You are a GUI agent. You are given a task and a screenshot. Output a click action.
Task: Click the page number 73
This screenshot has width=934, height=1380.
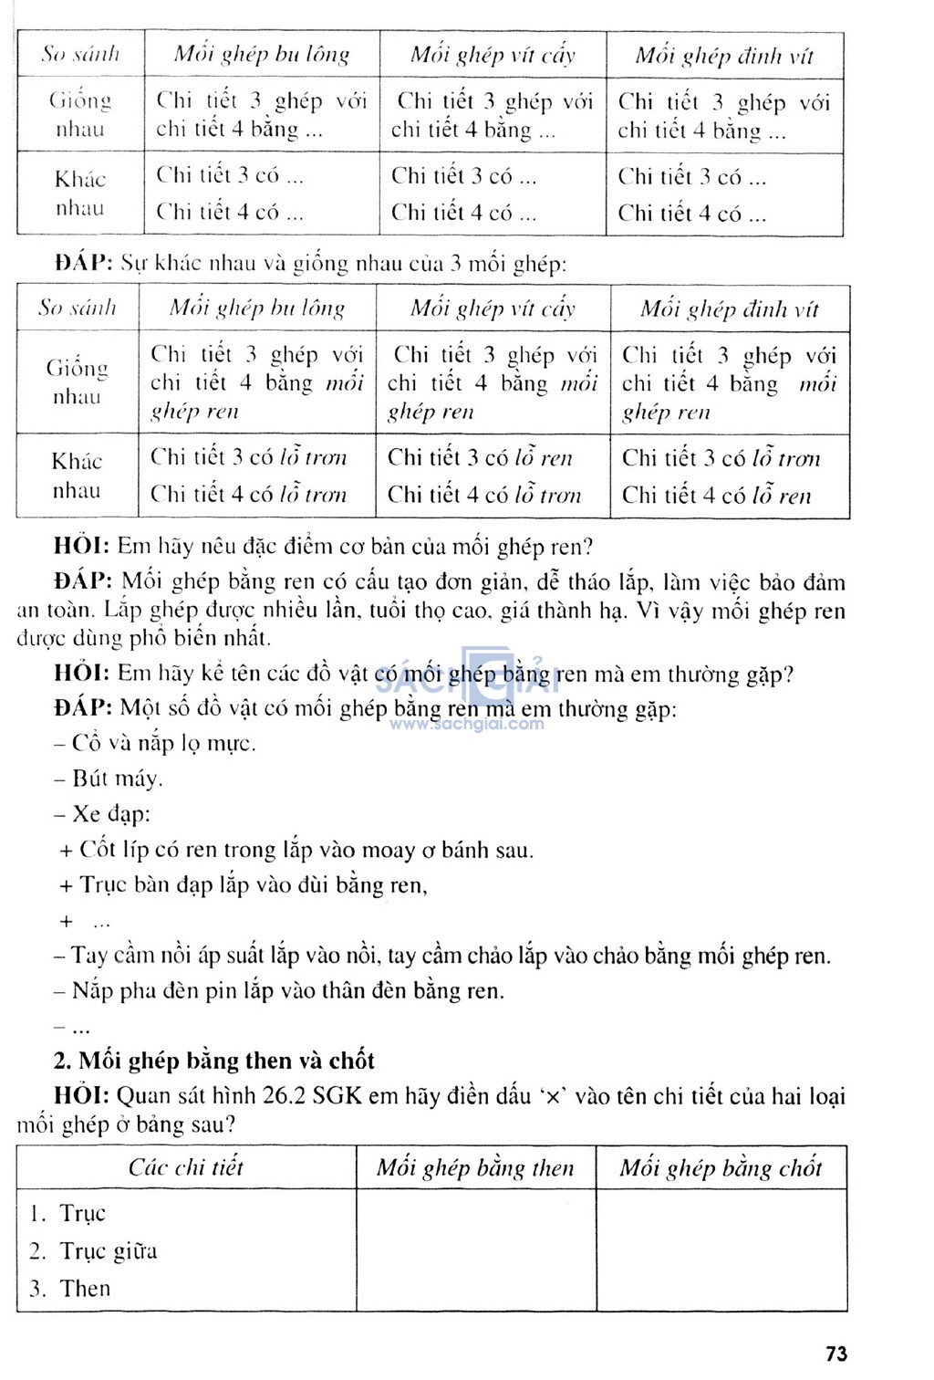click(x=835, y=1354)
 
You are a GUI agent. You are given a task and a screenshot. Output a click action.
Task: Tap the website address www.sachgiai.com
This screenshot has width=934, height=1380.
click(x=467, y=724)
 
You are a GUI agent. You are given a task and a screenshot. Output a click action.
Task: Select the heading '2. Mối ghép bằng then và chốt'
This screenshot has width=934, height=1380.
click(x=214, y=1061)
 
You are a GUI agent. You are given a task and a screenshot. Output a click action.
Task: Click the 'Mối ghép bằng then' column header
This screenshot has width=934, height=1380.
click(x=475, y=1167)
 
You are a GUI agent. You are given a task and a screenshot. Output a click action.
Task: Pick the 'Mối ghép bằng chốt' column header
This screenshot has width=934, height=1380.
click(x=721, y=1167)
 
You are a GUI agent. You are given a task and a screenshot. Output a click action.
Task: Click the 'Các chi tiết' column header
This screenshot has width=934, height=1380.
click(x=186, y=1167)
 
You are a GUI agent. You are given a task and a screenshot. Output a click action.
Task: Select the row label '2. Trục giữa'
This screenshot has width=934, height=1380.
click(x=94, y=1250)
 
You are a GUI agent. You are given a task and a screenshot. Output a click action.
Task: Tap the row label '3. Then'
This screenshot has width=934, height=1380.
click(x=70, y=1288)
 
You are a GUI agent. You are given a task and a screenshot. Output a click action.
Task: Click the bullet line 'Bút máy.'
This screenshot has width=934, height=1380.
click(x=109, y=779)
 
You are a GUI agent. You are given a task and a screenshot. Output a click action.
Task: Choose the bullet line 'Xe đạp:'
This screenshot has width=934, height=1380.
click(x=103, y=813)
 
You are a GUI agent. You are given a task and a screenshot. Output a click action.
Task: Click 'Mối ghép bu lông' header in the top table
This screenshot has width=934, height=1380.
click(x=262, y=55)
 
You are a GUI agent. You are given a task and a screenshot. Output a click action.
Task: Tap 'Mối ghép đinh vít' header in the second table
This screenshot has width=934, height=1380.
click(x=730, y=308)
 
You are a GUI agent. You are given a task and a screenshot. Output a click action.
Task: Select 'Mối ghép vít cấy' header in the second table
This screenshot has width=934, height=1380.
click(x=493, y=308)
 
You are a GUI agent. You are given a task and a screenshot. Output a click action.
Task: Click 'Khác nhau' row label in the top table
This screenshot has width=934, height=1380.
click(x=80, y=193)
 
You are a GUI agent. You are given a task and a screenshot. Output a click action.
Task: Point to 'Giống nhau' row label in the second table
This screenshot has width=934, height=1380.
click(x=78, y=382)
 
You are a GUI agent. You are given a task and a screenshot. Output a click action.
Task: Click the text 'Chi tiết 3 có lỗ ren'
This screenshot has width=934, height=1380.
click(x=481, y=456)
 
